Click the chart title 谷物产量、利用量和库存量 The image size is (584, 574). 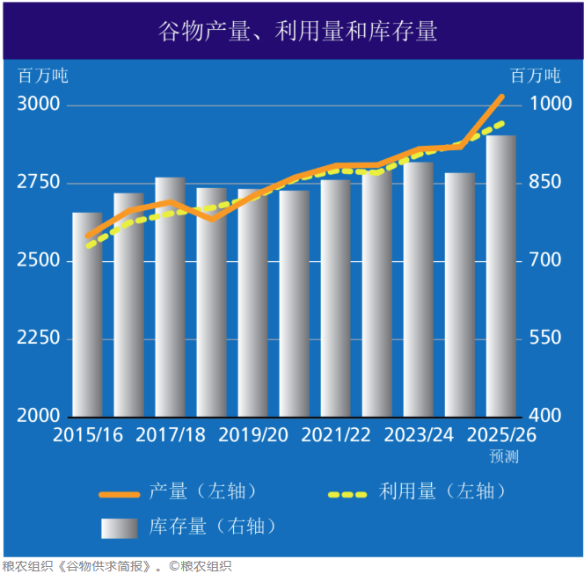point(296,33)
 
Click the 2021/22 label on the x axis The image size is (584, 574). point(336,435)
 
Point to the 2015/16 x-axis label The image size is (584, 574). point(88,435)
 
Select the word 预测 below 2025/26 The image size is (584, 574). point(505,456)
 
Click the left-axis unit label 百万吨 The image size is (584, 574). point(43,76)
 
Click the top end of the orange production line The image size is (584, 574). point(501,96)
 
